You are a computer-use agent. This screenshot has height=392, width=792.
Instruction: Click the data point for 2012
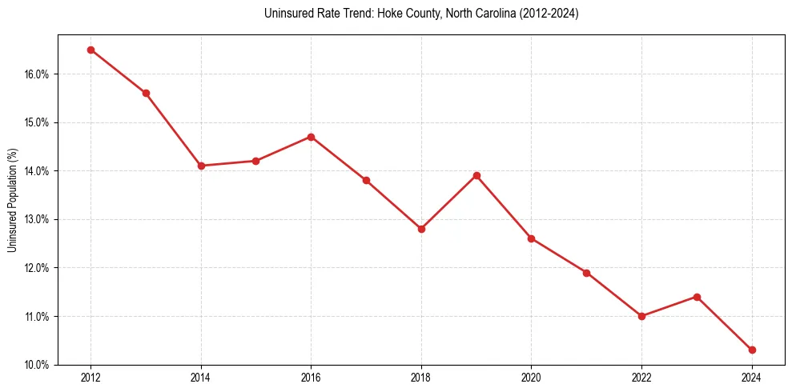coord(90,50)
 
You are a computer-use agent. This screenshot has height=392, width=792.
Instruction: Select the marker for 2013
coord(146,93)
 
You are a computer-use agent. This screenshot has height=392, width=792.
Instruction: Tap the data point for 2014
coord(201,166)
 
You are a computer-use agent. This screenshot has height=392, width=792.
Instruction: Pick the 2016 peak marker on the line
coord(311,137)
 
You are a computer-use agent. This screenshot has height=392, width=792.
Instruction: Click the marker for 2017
coord(366,180)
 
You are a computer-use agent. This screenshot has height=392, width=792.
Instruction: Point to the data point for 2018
coord(421,229)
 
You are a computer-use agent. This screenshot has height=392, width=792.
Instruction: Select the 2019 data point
coord(476,175)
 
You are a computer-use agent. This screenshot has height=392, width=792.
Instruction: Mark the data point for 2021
coord(586,273)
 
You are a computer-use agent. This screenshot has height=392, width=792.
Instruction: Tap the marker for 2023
coord(697,297)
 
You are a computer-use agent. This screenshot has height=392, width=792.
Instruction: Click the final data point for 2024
coord(752,350)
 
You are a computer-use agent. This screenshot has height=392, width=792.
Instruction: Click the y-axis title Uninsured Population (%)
coord(12,200)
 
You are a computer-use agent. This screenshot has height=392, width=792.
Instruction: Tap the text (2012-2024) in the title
coord(549,14)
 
